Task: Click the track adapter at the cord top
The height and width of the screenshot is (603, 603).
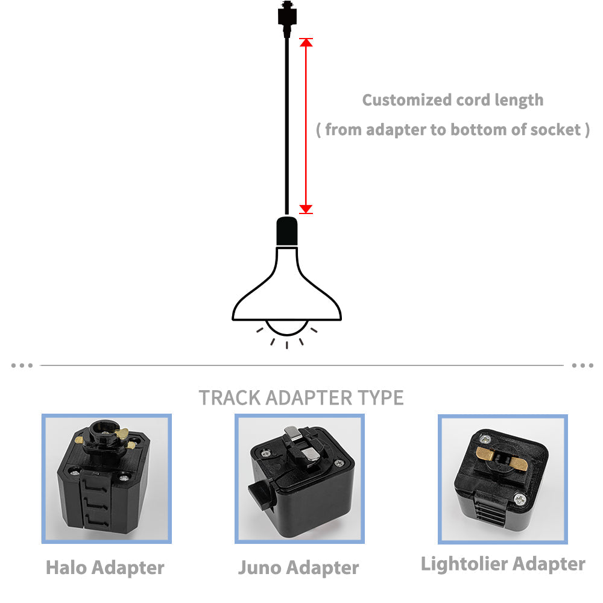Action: click(286, 15)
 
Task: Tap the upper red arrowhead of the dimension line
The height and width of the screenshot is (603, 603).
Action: click(306, 42)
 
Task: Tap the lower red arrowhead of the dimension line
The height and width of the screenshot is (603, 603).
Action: click(306, 209)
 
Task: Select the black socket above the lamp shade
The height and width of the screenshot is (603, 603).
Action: click(287, 231)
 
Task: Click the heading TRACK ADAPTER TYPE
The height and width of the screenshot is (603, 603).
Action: click(301, 398)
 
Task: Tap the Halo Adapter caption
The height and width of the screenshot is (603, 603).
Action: click(105, 567)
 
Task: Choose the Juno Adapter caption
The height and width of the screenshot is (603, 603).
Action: click(298, 567)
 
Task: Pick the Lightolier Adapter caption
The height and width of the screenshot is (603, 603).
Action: click(503, 564)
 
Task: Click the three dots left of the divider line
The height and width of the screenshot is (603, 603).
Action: click(22, 365)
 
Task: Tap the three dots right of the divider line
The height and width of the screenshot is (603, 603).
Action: click(582, 365)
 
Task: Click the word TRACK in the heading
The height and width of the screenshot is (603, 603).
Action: click(230, 398)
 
